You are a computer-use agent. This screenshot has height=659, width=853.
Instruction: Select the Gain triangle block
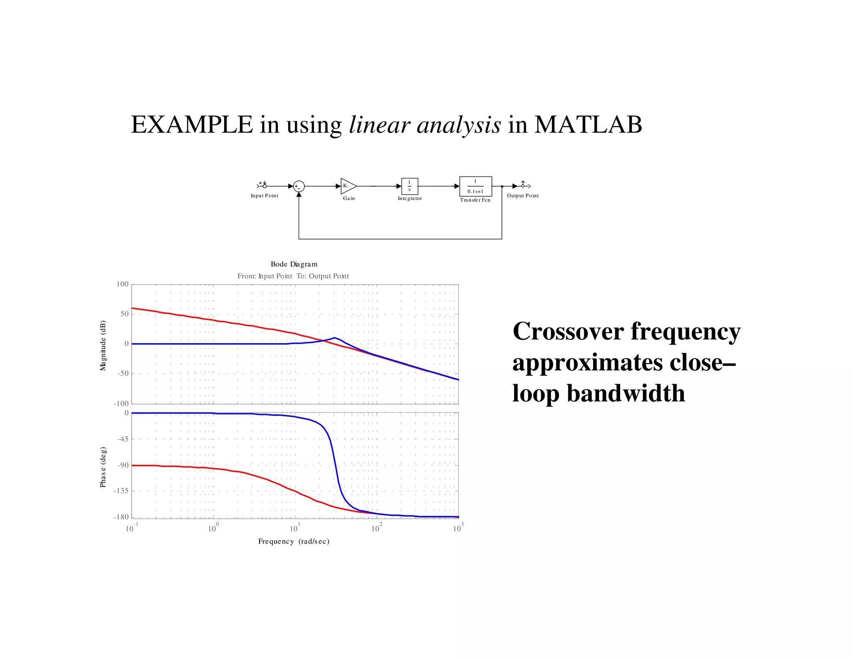tap(348, 186)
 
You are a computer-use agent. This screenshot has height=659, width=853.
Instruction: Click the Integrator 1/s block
tap(409, 186)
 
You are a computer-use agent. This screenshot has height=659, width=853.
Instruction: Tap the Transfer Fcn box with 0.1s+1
tap(476, 186)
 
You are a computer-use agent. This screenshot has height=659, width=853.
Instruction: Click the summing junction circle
tap(299, 186)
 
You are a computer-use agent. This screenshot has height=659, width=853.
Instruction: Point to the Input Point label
tap(264, 196)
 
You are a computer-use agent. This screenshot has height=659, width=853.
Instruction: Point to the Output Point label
tap(523, 196)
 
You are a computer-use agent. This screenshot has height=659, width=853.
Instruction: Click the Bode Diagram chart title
tap(294, 264)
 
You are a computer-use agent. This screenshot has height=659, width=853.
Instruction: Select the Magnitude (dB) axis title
tap(103, 345)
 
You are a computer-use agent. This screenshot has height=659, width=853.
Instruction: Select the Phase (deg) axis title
tap(103, 467)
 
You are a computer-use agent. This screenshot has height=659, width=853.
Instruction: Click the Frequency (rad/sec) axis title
tap(294, 541)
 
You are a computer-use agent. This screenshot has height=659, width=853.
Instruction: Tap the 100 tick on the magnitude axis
tap(122, 284)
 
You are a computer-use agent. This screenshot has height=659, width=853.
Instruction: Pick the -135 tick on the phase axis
tap(121, 491)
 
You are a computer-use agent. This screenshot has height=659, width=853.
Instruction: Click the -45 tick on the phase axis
tap(122, 439)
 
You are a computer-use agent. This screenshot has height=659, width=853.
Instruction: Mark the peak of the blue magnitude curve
tap(334, 337)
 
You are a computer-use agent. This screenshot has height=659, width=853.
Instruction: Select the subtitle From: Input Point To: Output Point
tap(293, 276)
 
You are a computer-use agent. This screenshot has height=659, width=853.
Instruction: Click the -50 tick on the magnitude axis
tap(123, 373)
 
